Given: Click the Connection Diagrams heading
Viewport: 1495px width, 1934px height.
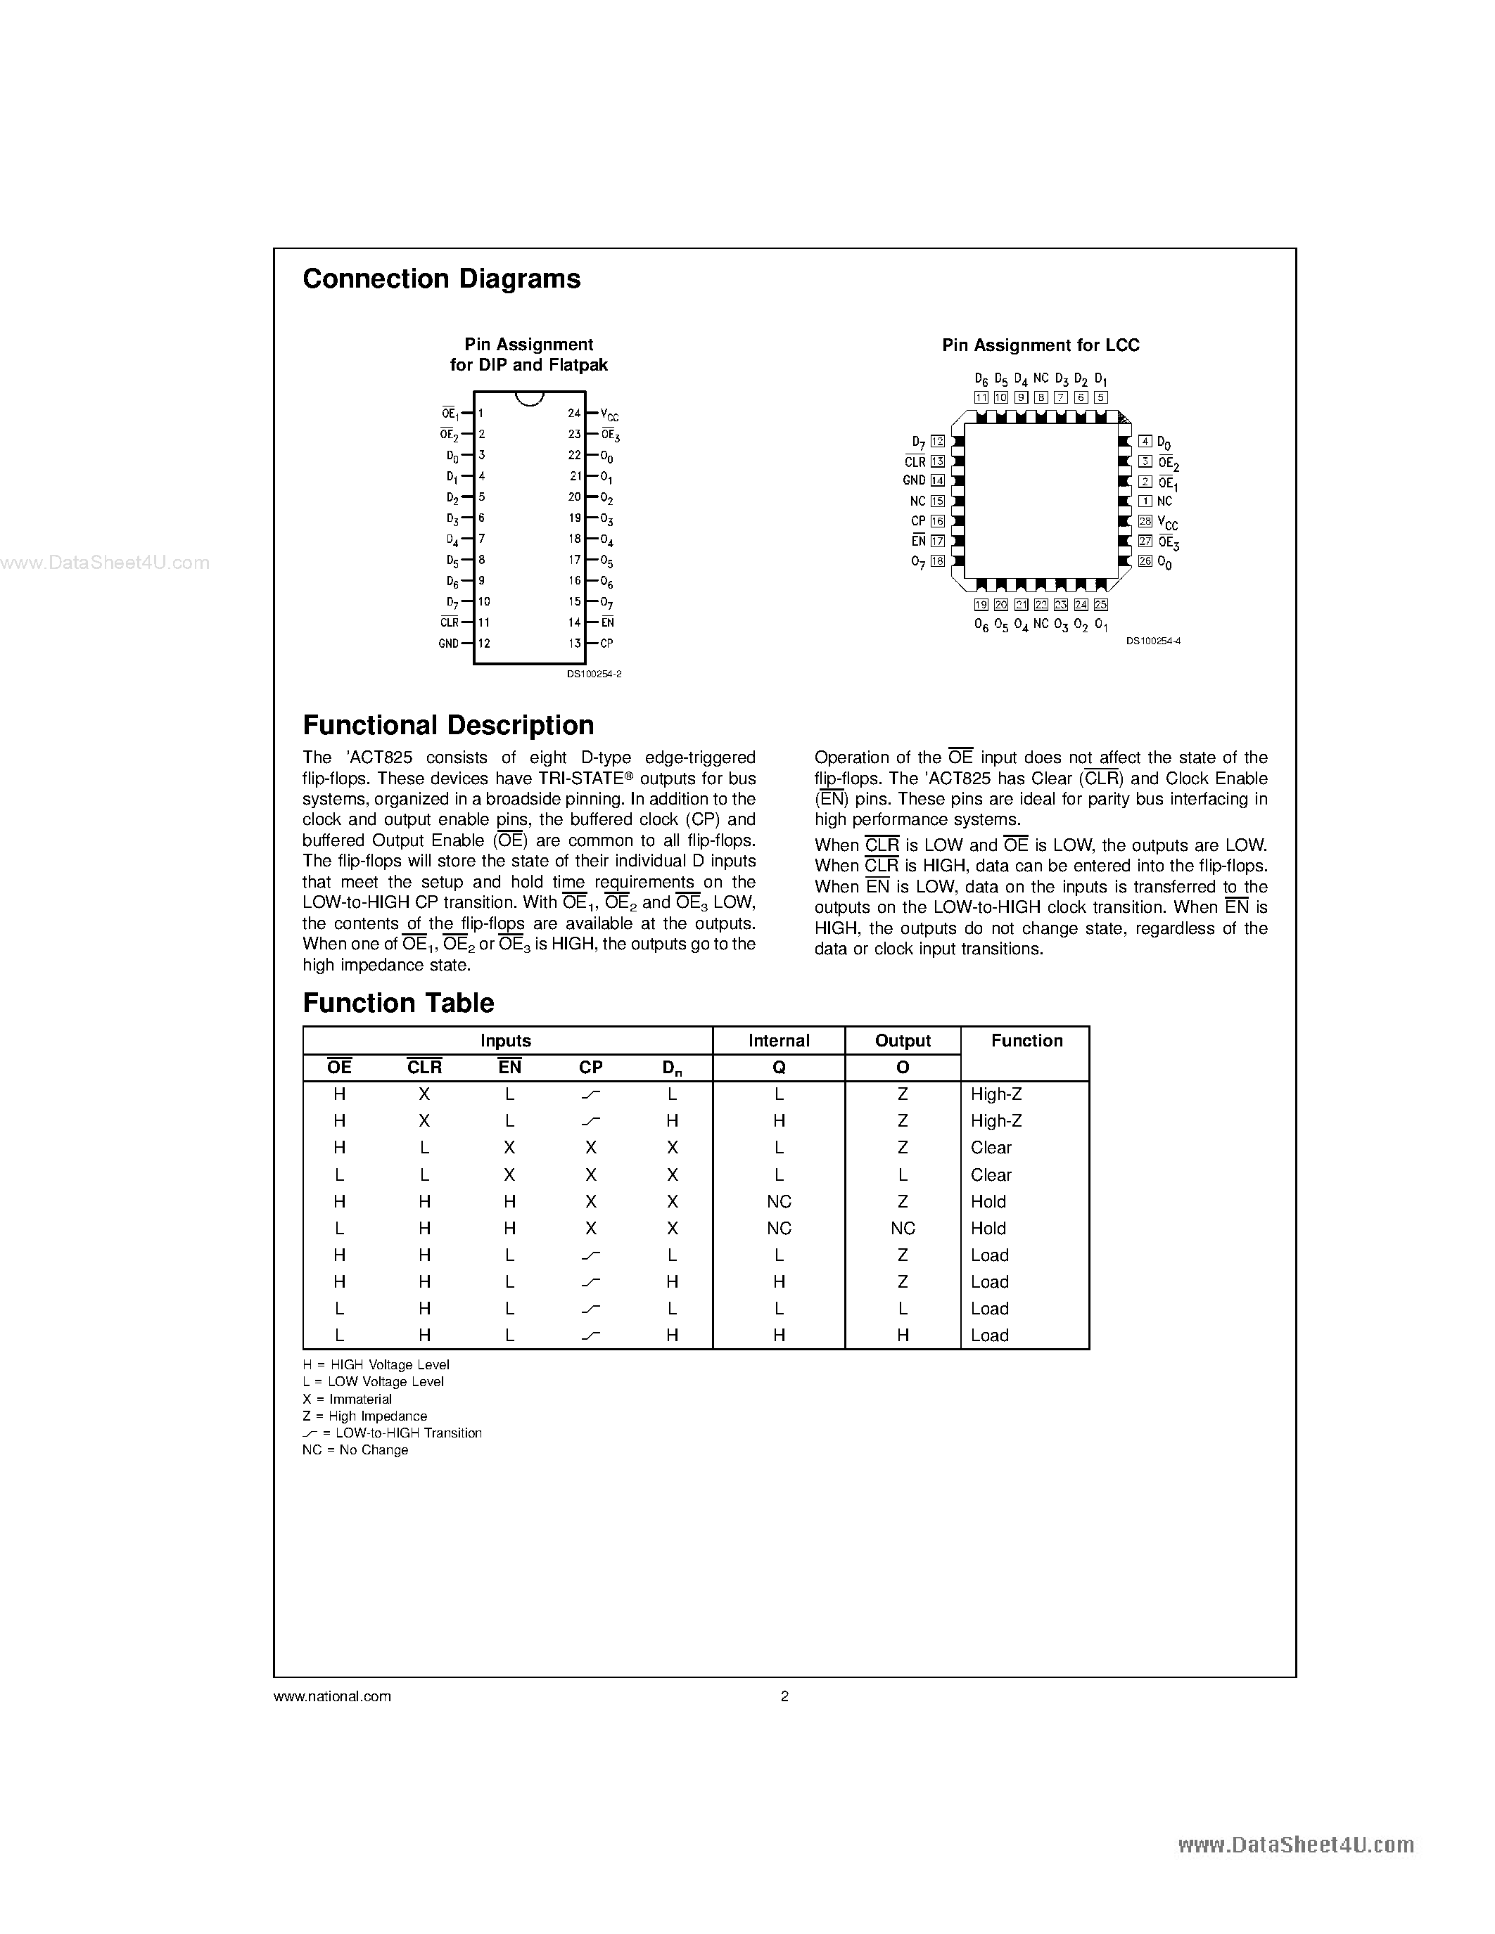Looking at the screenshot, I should pyautogui.click(x=441, y=279).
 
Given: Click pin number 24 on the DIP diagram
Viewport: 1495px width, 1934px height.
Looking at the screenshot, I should pyautogui.click(x=574, y=414).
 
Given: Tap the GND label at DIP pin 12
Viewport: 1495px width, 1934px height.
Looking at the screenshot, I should pyautogui.click(x=448, y=643).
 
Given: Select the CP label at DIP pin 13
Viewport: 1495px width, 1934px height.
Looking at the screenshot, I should pyautogui.click(x=606, y=643).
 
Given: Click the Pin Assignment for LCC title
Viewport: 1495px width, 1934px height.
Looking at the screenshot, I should pyautogui.click(x=1040, y=345).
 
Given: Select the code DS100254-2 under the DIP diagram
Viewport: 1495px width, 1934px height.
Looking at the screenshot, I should pyautogui.click(x=594, y=674).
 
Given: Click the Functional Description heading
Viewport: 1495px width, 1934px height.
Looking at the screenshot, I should pyautogui.click(x=448, y=725).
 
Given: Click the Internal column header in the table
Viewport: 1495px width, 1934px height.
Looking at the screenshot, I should pyautogui.click(x=779, y=1041).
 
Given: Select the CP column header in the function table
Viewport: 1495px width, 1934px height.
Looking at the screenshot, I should pyautogui.click(x=591, y=1067).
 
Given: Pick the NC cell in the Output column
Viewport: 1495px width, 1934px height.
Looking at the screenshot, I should pyautogui.click(x=903, y=1228).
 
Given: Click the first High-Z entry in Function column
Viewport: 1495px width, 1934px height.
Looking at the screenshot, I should pyautogui.click(x=995, y=1094).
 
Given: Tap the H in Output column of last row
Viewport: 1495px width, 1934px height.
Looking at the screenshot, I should pyautogui.click(x=903, y=1336).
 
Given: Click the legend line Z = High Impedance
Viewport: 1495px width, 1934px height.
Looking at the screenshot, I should pyautogui.click(x=365, y=1416).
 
